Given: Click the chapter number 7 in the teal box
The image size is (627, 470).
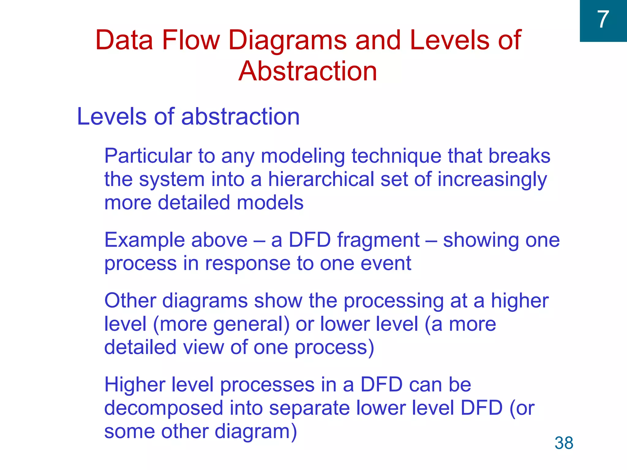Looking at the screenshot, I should coord(603,20).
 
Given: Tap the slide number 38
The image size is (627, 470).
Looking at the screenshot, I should coord(564,443).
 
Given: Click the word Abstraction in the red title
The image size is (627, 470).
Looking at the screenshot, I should coord(308,71).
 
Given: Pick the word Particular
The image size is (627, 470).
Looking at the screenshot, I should coord(148,156).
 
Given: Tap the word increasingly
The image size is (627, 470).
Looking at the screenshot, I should coord(492,180).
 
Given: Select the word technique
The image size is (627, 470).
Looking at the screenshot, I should coord(396,156).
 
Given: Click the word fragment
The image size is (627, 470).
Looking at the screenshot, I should coord(378,241).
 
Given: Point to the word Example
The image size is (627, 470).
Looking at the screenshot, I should coord(144,241).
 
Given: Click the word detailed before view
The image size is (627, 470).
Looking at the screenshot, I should coord(140,347).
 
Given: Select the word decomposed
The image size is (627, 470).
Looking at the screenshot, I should coord(163,408).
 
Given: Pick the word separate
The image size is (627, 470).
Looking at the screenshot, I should coord(309,408).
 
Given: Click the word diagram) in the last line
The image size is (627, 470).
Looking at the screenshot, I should coord(256,432).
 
